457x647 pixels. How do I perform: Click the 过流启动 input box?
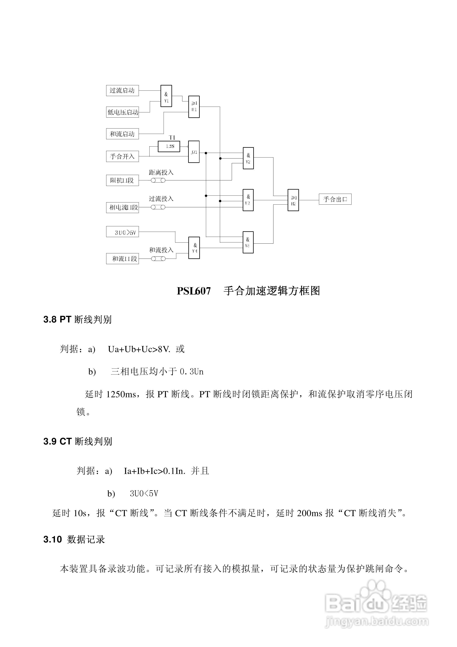point(122,90)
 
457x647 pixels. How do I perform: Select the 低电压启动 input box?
point(122,112)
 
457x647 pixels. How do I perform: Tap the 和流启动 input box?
point(122,134)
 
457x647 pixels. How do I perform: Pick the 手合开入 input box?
point(122,156)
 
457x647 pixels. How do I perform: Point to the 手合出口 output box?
point(335,199)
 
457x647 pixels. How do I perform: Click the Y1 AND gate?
point(166,96)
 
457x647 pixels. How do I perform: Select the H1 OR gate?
point(194,107)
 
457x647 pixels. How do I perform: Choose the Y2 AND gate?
point(248,158)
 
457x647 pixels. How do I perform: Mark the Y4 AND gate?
point(194,248)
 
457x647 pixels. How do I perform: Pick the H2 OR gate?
point(293,200)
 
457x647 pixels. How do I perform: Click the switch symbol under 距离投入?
point(158,180)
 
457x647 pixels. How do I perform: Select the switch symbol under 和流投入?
point(158,259)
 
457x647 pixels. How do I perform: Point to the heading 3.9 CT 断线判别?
point(78,441)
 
